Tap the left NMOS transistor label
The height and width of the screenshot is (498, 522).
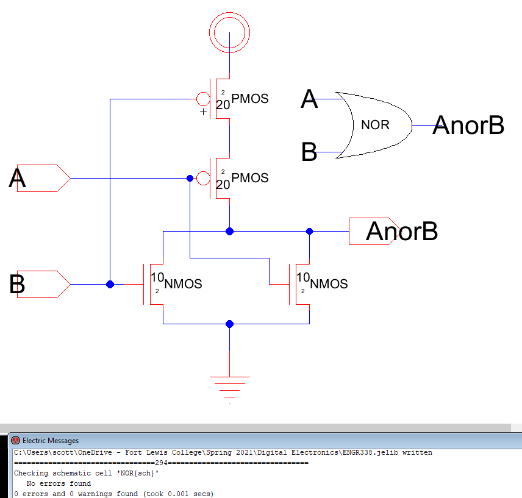coord(183,284)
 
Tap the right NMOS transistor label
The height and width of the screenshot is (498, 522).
coord(329,284)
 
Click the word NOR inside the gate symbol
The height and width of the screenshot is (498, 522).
coord(375,125)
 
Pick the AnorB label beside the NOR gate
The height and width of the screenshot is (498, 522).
coord(468,126)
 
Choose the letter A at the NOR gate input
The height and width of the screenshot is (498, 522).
coord(310,99)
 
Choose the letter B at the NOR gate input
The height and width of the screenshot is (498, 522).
coord(310,152)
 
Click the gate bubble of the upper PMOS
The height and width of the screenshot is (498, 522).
coord(202,99)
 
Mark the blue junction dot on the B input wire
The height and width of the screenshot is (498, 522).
coord(110,284)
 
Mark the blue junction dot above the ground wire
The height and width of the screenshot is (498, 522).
coord(229,324)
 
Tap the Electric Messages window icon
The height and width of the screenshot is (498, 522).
coord(16,440)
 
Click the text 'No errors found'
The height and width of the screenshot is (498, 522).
coord(59,483)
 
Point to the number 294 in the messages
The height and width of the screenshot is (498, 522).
coord(162,463)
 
